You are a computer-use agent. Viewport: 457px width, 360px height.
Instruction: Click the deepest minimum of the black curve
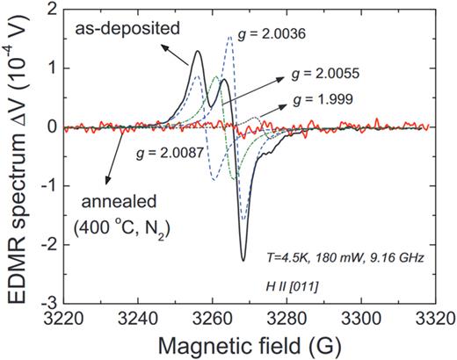pos(243,259)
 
